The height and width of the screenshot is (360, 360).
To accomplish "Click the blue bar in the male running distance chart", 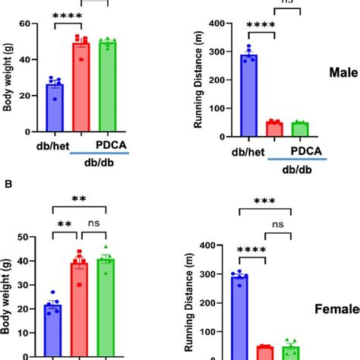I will (x=249, y=96).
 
